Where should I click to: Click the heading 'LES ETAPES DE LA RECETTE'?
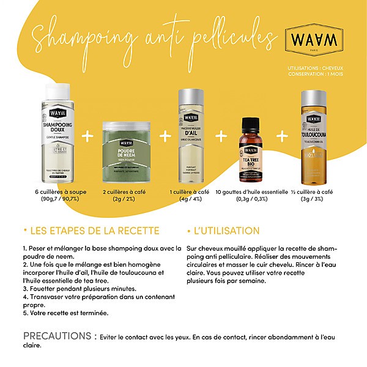tap(90, 231)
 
